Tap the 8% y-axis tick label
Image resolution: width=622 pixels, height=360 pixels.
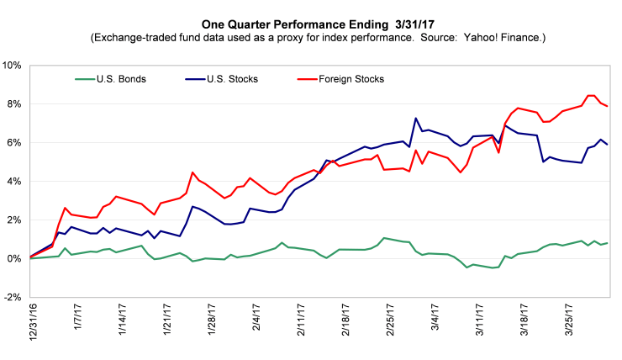tap(15, 104)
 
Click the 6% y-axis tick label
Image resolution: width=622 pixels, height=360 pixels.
tap(15, 143)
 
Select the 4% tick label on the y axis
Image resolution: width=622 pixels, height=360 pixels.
tap(15, 182)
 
